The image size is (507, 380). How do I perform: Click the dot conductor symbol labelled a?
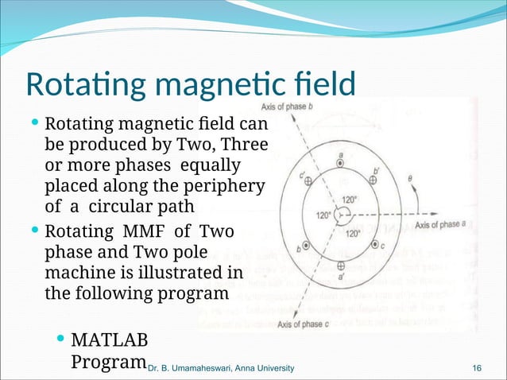tap(341, 165)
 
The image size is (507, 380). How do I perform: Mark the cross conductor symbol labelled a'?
tap(341, 265)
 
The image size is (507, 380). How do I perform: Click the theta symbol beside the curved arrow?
tap(409, 180)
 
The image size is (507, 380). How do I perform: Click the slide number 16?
tap(477, 367)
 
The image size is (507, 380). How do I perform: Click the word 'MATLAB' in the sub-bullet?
tap(110, 341)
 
